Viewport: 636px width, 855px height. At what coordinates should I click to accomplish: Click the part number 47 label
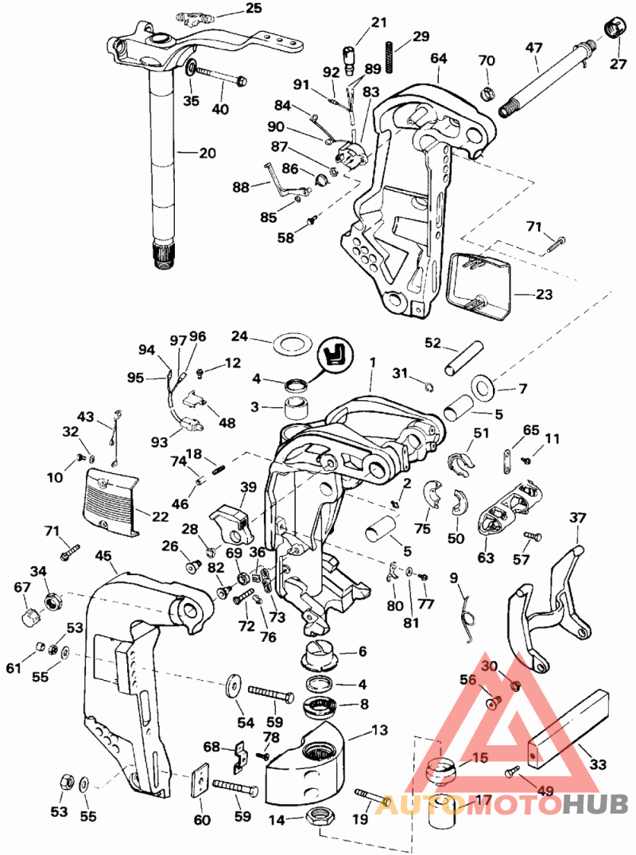pos(534,48)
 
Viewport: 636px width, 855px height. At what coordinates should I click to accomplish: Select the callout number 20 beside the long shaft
pos(207,154)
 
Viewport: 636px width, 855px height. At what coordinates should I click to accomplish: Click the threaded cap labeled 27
pos(615,29)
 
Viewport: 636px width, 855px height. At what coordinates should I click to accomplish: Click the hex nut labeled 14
pos(316,816)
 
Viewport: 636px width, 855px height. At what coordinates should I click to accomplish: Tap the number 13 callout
pos(379,729)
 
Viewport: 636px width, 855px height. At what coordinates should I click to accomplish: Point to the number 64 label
pos(438,58)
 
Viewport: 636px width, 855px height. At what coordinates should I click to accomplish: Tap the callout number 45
pos(103,556)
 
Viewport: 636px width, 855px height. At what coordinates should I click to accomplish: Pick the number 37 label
pos(577,517)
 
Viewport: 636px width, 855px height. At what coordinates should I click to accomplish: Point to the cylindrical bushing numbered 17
pos(443,810)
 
